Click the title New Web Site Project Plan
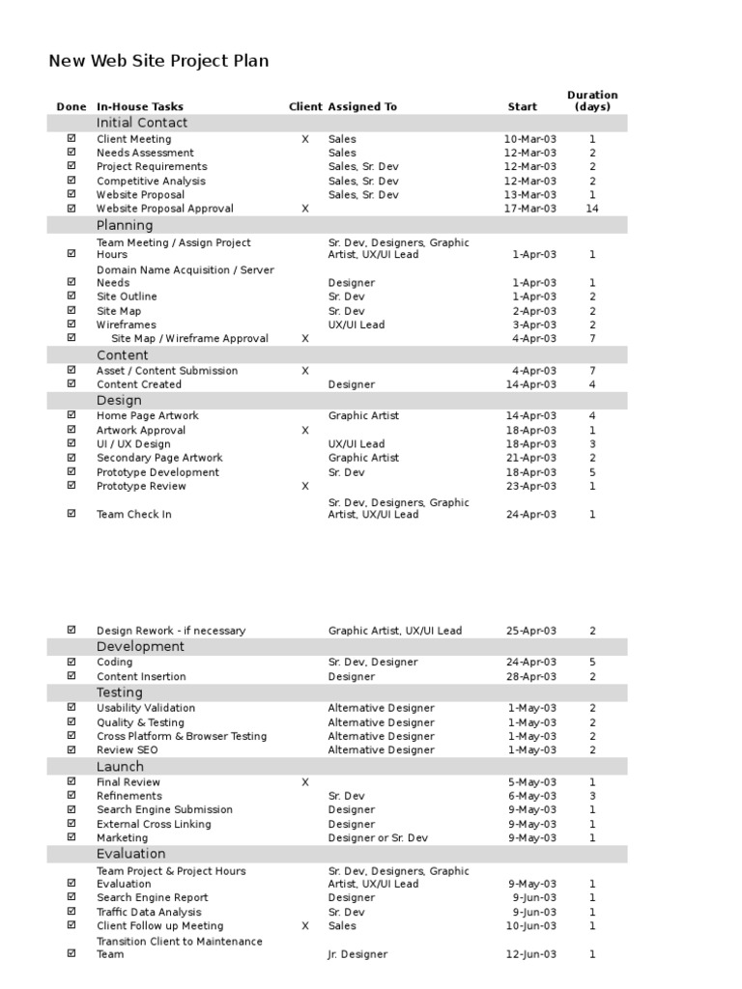(x=158, y=61)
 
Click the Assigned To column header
(x=362, y=107)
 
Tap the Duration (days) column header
(x=592, y=100)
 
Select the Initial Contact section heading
(x=142, y=123)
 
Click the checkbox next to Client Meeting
(x=71, y=139)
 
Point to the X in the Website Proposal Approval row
(x=305, y=209)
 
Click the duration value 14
(x=592, y=209)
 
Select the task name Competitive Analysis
(x=151, y=181)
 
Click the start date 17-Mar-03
(x=530, y=209)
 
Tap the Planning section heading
(x=125, y=225)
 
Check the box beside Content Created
(x=71, y=384)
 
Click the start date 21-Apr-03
(x=531, y=458)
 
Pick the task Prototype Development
(x=157, y=472)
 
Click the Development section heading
(x=140, y=646)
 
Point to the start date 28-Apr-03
(x=531, y=676)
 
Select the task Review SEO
(x=128, y=749)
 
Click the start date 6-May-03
(x=533, y=796)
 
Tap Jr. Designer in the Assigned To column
(x=357, y=954)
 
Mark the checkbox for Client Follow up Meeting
(x=71, y=925)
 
